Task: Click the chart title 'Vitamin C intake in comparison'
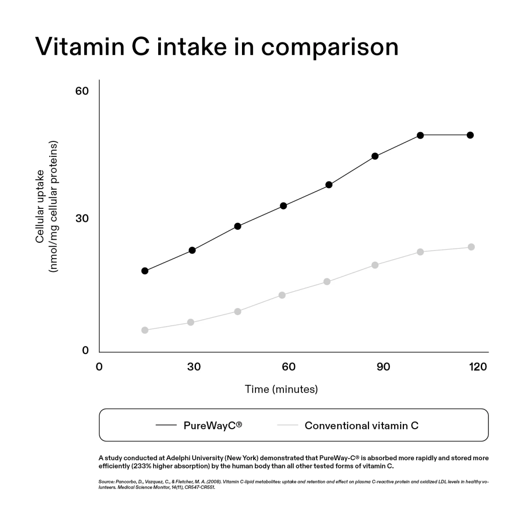[x=217, y=47]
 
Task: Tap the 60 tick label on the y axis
[x=82, y=91]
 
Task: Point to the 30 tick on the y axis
[x=82, y=219]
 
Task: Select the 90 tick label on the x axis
[x=383, y=367]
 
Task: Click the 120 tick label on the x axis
[x=478, y=367]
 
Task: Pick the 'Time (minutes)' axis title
[x=281, y=389]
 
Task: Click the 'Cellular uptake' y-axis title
[x=40, y=206]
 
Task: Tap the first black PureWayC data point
[x=145, y=271]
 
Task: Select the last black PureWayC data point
[x=470, y=135]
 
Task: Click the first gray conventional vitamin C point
[x=145, y=330]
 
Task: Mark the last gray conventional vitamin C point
[x=471, y=247]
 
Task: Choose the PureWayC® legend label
[x=213, y=425]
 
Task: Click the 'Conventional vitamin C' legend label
[x=361, y=425]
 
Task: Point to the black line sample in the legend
[x=166, y=425]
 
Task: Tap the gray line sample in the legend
[x=287, y=425]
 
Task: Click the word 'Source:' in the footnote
[x=106, y=482]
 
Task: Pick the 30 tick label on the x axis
[x=194, y=367]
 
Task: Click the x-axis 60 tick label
[x=289, y=367]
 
